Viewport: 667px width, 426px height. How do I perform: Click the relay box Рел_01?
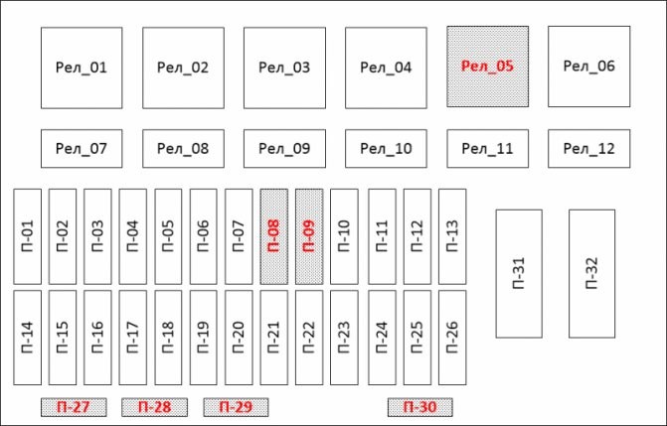tap(82, 69)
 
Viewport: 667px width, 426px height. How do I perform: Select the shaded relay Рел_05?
tap(487, 67)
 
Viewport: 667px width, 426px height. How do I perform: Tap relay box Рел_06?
tap(589, 67)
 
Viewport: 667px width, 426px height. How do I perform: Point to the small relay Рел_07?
tap(82, 149)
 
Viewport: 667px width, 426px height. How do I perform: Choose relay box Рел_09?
tap(284, 149)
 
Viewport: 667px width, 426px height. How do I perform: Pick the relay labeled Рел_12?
tap(589, 149)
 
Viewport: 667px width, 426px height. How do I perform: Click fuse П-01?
tap(28, 236)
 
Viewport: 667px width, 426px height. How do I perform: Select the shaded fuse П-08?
tap(274, 236)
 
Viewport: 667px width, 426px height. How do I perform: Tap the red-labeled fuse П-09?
tap(309, 236)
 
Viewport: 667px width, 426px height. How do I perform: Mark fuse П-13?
tap(452, 236)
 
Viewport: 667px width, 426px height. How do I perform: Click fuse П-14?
tap(28, 338)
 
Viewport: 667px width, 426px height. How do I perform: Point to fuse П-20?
tap(239, 338)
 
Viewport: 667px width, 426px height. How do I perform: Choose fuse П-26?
tap(452, 338)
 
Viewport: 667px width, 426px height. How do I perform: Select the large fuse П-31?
tap(519, 274)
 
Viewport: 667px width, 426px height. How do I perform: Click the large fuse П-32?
tap(592, 274)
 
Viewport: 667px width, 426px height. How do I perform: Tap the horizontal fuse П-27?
tap(74, 407)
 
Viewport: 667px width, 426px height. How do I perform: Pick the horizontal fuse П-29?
tap(237, 407)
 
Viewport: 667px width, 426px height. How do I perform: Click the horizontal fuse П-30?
tap(420, 407)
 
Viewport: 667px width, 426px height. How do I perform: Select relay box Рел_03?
tap(284, 69)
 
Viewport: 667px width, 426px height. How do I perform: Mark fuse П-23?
tap(344, 338)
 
